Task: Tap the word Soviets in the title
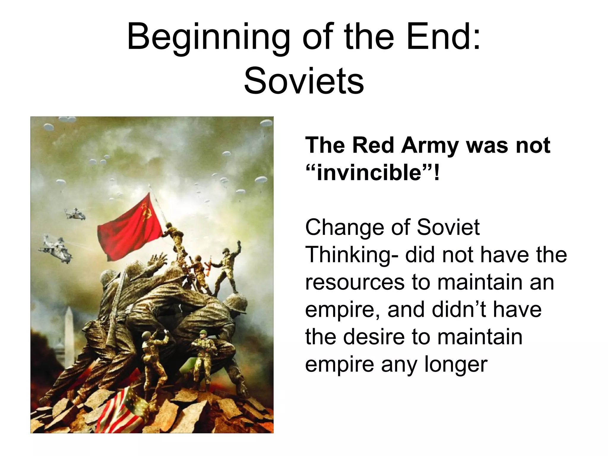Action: pos(304,81)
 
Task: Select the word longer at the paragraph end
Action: pos(455,365)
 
